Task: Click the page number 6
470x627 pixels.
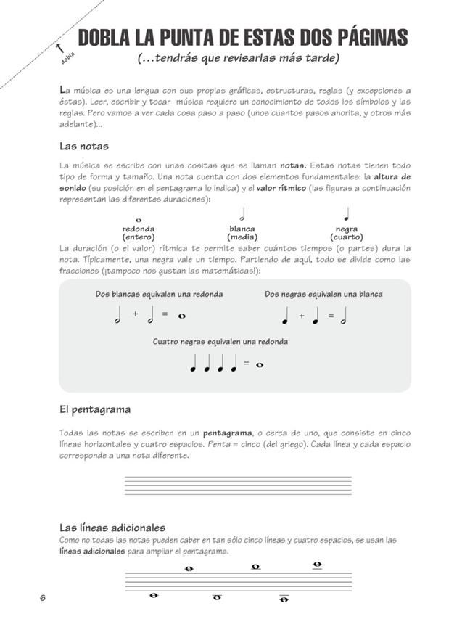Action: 43,597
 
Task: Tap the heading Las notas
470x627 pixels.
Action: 84,146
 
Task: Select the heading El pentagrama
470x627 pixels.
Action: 95,409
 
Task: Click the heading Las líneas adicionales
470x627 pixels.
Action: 112,528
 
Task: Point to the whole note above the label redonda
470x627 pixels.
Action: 138,219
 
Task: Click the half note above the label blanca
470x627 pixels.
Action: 242,214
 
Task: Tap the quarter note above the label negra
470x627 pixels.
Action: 347,214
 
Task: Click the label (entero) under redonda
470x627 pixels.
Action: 138,237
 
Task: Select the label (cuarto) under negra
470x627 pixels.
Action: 347,237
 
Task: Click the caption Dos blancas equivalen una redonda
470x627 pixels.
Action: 159,294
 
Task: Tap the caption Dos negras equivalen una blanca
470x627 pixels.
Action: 323,294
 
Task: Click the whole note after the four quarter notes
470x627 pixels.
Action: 260,364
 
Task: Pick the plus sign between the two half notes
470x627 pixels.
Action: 135,315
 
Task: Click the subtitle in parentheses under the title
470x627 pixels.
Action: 242,58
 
